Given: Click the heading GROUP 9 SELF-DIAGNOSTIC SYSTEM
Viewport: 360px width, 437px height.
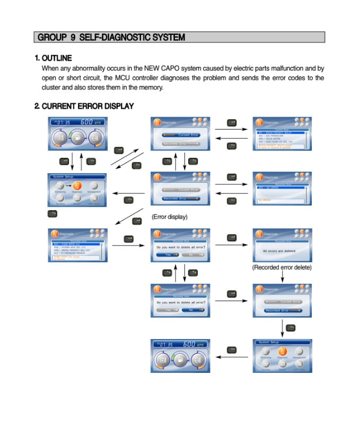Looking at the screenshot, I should tap(111, 37).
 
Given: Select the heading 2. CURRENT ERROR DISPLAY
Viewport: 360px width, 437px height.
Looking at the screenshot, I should tap(84, 106).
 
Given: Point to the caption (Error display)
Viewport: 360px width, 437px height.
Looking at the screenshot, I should tap(170, 217).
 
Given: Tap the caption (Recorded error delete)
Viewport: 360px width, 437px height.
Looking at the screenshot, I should tap(282, 267).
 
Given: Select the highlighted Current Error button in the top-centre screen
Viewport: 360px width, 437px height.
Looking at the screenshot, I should tap(181, 135).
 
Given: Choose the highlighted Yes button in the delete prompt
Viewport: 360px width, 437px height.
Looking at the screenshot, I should tap(168, 255).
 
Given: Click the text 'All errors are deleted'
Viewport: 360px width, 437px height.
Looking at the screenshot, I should tap(279, 251).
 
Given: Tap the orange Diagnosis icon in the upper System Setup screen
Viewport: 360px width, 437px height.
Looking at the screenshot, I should tap(77, 186).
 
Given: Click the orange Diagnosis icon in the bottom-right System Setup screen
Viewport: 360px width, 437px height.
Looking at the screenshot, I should tap(283, 351).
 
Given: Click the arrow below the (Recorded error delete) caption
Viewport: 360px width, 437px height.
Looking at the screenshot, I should tap(282, 278).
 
